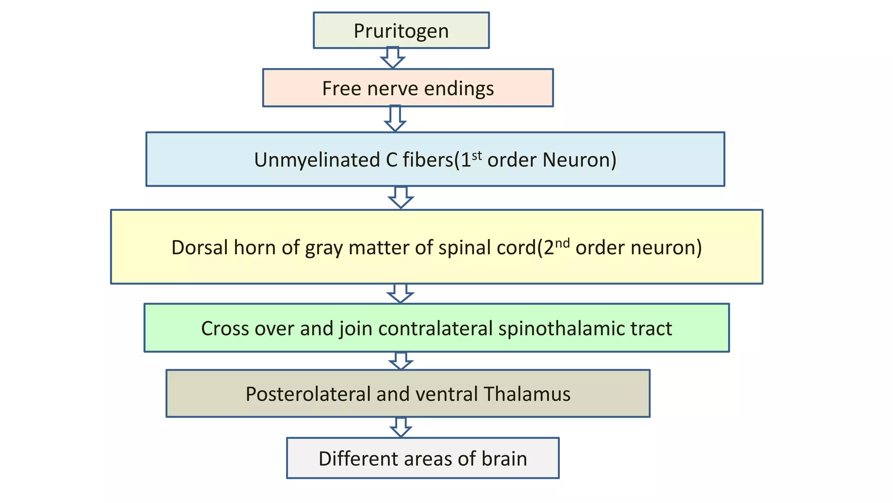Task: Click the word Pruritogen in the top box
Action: [401, 31]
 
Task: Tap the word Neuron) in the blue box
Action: [579, 160]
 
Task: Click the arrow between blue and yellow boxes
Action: [401, 198]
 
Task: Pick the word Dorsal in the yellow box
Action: [199, 248]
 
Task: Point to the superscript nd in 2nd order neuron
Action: [562, 242]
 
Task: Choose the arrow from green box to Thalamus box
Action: [401, 361]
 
